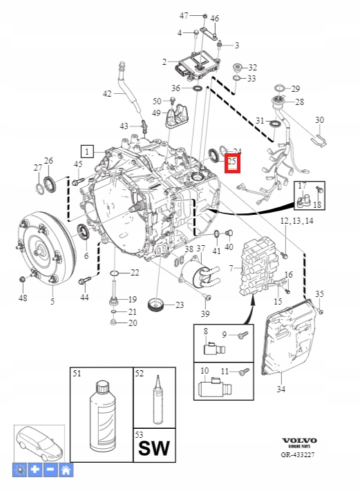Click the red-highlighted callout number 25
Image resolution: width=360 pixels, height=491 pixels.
232,163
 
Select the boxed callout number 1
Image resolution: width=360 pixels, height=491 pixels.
87,150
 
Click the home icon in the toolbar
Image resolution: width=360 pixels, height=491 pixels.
66,470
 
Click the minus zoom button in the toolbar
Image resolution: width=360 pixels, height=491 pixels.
50,470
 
